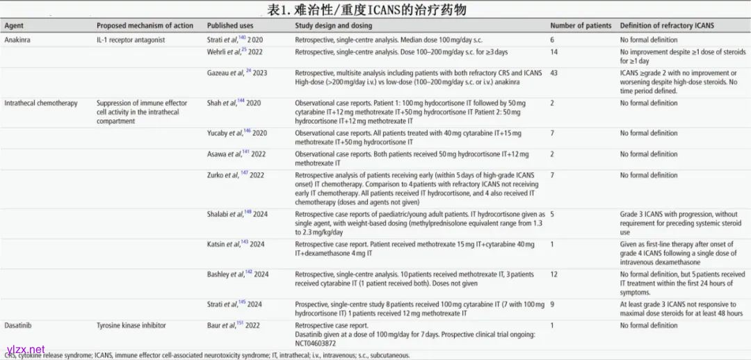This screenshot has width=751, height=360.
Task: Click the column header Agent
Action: [x=14, y=26]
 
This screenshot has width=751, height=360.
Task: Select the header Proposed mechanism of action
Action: [x=145, y=26]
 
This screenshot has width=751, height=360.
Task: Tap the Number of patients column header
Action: [x=581, y=26]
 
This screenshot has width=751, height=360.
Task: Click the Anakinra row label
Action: [x=17, y=40]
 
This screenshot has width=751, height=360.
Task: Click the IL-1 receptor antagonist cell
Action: [x=131, y=40]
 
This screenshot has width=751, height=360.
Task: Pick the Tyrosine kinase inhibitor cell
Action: [x=132, y=325]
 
